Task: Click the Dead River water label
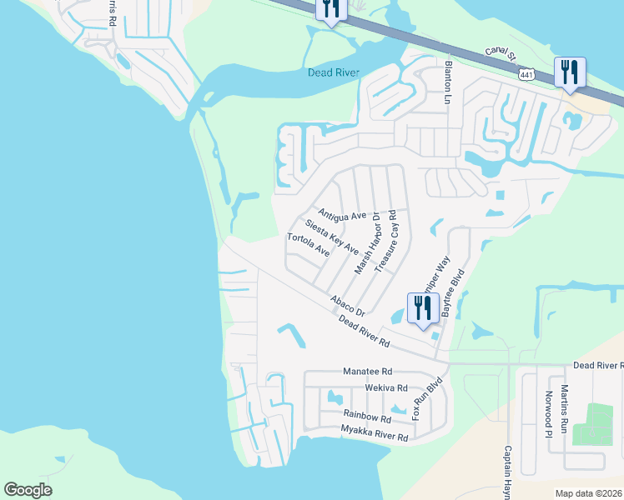[x=334, y=72]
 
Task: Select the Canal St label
[x=501, y=56]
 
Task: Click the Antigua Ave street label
[x=342, y=214]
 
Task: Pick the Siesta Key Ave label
[x=331, y=237]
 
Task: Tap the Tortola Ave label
[x=309, y=244]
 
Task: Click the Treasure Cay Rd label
[x=385, y=242]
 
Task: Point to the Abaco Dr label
[x=347, y=306]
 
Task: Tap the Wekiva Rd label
[x=386, y=387]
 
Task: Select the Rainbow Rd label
[x=367, y=417]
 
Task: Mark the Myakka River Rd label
[x=375, y=433]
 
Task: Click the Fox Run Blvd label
[x=425, y=399]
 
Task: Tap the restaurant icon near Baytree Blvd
[x=421, y=308]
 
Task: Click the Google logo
[x=28, y=490]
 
